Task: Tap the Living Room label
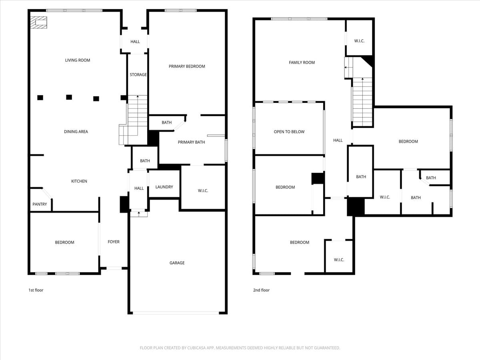pyautogui.click(x=78, y=60)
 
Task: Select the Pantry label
pyautogui.click(x=40, y=204)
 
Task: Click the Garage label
pyautogui.click(x=177, y=263)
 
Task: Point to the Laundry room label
pyautogui.click(x=164, y=187)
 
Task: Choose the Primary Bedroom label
pyautogui.click(x=187, y=66)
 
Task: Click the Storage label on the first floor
pyautogui.click(x=138, y=75)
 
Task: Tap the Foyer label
pyautogui.click(x=114, y=242)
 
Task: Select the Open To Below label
pyautogui.click(x=289, y=132)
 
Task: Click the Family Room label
pyautogui.click(x=302, y=62)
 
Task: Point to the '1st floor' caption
pyautogui.click(x=36, y=290)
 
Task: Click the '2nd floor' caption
pyautogui.click(x=261, y=290)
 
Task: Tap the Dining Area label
pyautogui.click(x=76, y=132)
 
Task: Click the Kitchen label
pyautogui.click(x=79, y=181)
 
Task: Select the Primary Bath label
pyautogui.click(x=191, y=142)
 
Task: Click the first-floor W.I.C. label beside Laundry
pyautogui.click(x=203, y=191)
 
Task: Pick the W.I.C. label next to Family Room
pyautogui.click(x=359, y=41)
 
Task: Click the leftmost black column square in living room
pyautogui.click(x=40, y=97)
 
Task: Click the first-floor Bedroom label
pyautogui.click(x=64, y=242)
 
